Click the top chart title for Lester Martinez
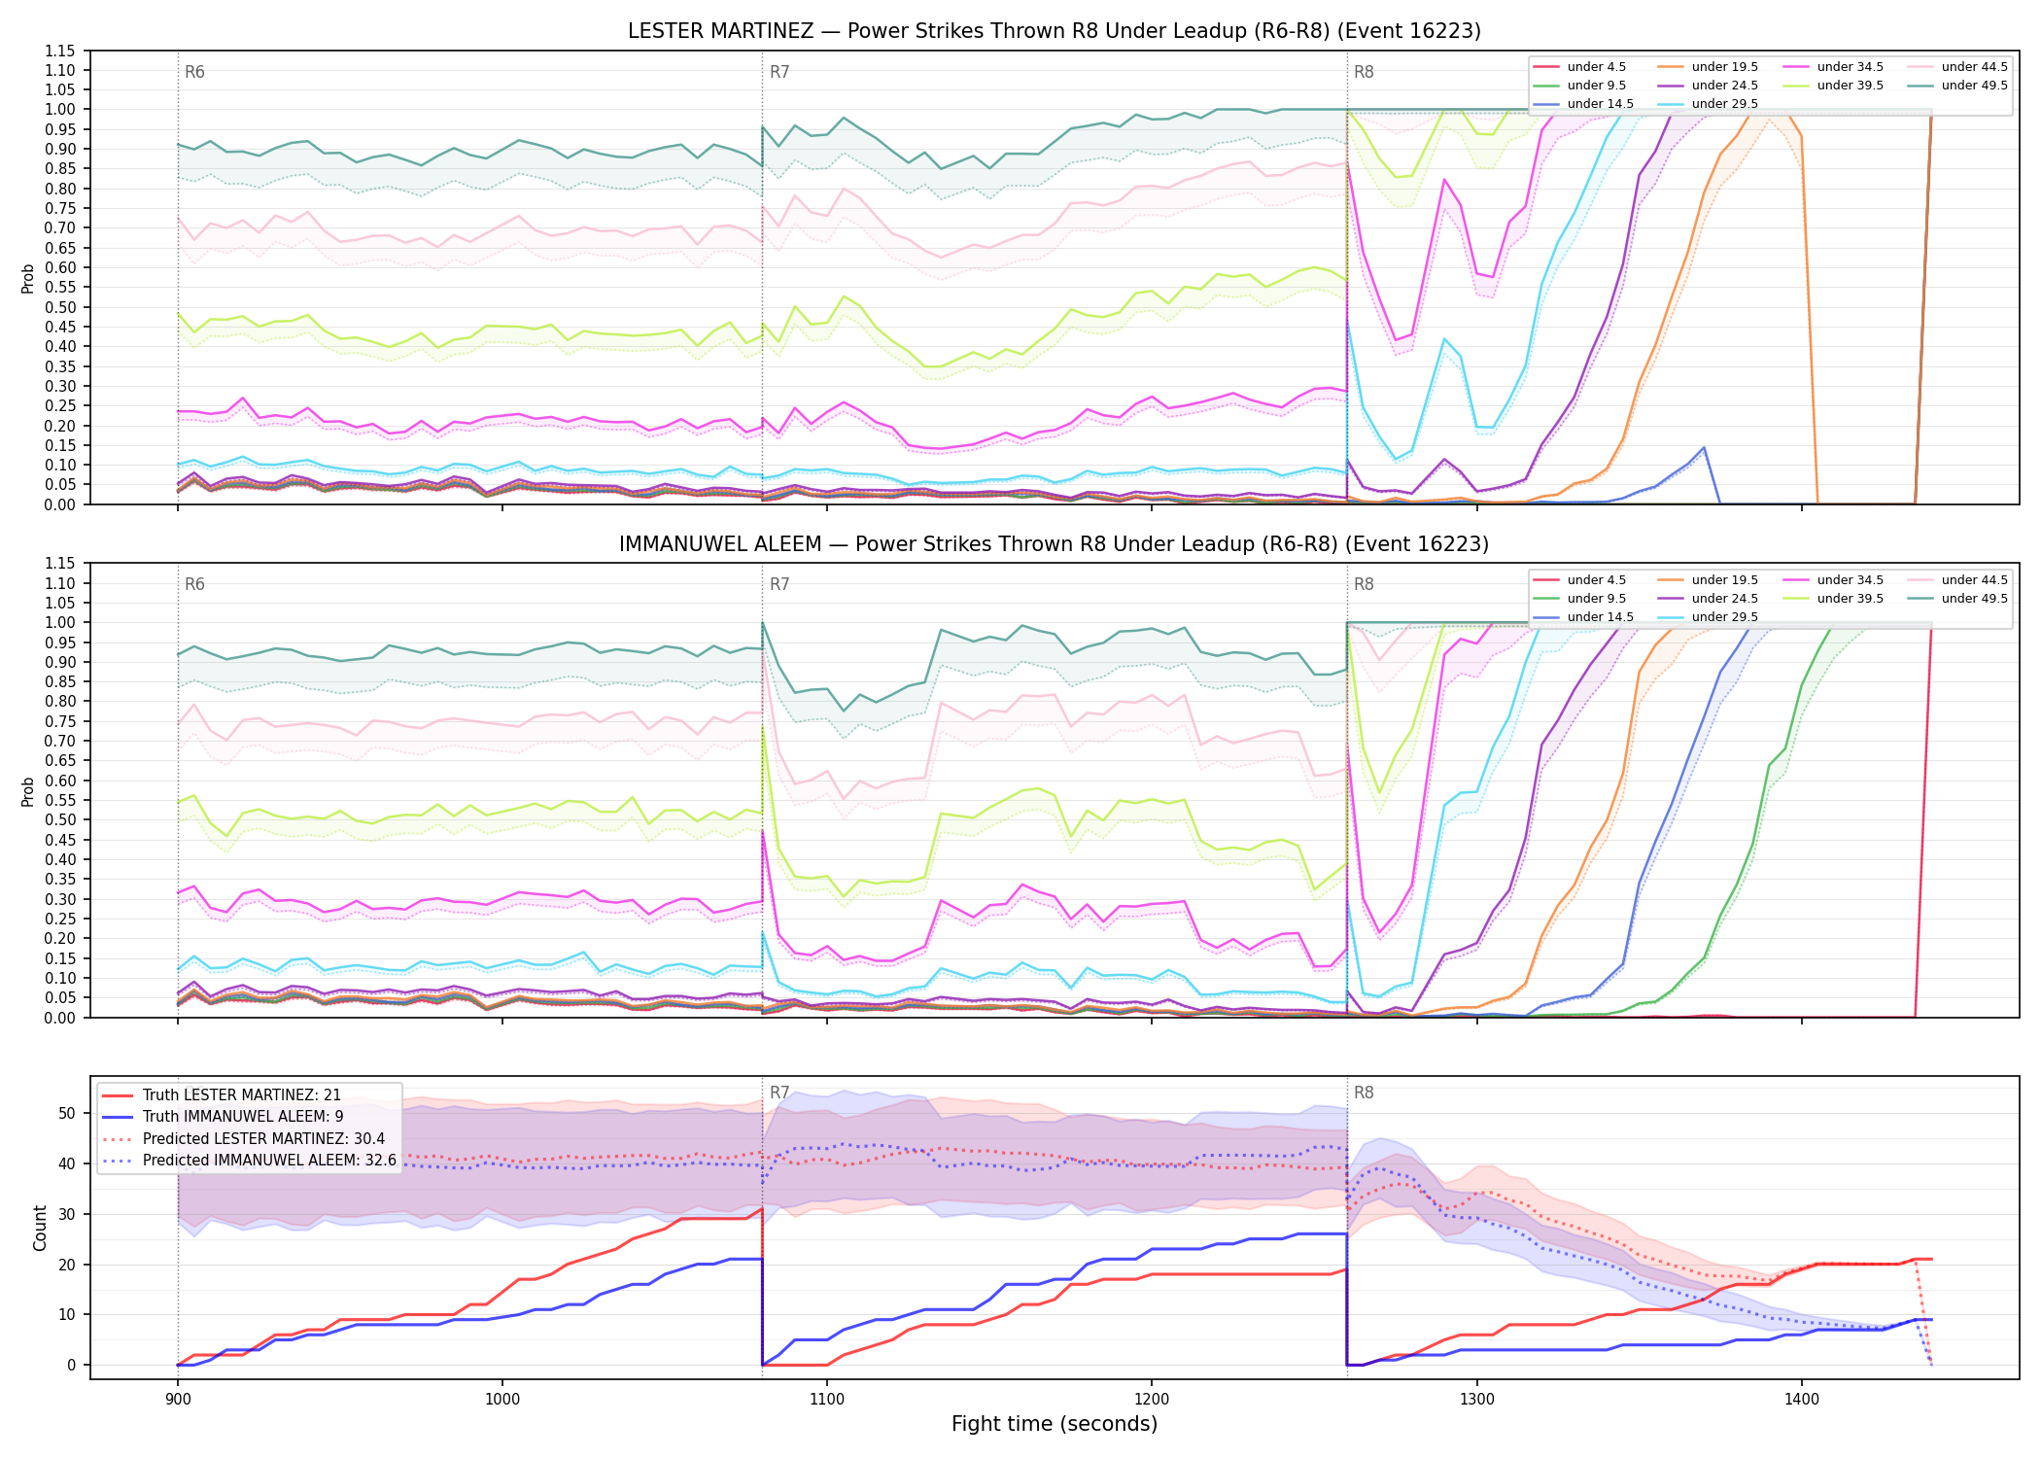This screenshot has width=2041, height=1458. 1054,31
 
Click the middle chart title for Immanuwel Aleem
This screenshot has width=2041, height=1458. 1054,544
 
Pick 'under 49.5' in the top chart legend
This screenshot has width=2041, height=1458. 1974,86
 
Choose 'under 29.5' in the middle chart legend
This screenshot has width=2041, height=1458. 1724,617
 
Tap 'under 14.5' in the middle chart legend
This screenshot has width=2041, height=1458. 1600,617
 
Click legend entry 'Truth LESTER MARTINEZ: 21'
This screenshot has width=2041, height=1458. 242,1095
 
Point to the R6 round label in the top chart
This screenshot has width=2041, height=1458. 194,72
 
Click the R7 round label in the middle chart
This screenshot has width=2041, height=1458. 779,584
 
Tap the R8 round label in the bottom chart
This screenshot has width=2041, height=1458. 1364,1093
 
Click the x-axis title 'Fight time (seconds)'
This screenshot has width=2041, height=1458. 1055,1424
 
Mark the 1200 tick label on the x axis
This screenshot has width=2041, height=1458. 1152,1399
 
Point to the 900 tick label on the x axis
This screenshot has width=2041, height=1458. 177,1399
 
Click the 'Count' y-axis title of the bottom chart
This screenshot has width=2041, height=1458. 40,1228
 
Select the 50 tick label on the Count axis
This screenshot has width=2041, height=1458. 67,1114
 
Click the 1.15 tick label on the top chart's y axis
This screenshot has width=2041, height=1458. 60,51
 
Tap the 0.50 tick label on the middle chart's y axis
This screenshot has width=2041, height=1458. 60,819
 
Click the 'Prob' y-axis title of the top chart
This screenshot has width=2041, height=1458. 28,278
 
